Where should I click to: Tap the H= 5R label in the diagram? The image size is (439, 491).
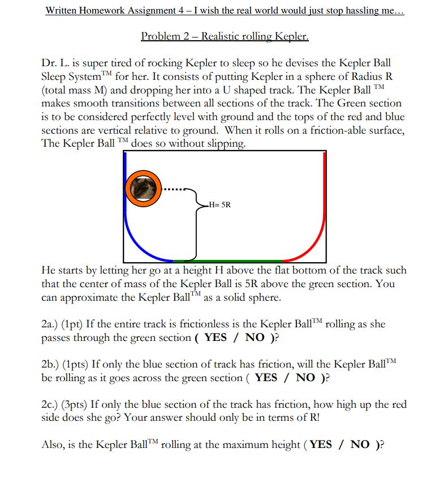[218, 204]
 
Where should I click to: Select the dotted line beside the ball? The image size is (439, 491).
[173, 189]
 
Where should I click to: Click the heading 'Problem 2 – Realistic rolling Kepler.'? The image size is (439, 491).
[225, 37]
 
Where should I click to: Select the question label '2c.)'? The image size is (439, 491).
[53, 405]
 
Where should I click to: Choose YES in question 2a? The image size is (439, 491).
[216, 338]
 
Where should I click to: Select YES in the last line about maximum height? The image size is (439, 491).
[321, 445]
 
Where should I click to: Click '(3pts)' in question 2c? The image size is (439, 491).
[76, 405]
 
